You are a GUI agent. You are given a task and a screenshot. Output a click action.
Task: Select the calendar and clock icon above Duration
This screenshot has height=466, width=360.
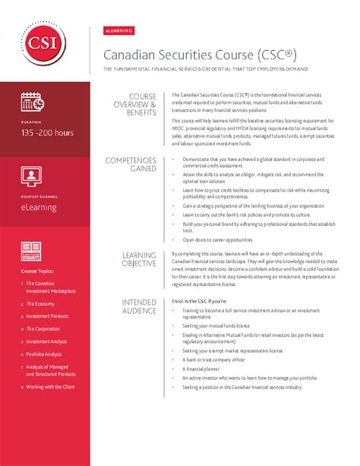(x=33, y=100)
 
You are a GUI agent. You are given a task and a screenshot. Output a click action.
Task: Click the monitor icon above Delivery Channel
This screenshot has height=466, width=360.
(x=32, y=178)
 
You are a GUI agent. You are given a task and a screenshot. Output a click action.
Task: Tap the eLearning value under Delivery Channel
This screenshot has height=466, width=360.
(x=39, y=206)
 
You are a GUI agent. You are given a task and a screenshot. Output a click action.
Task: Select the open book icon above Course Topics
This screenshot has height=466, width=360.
(x=32, y=249)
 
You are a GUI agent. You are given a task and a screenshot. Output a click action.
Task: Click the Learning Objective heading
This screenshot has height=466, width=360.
(x=139, y=259)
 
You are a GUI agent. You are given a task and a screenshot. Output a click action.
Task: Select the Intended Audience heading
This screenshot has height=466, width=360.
(x=139, y=306)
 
